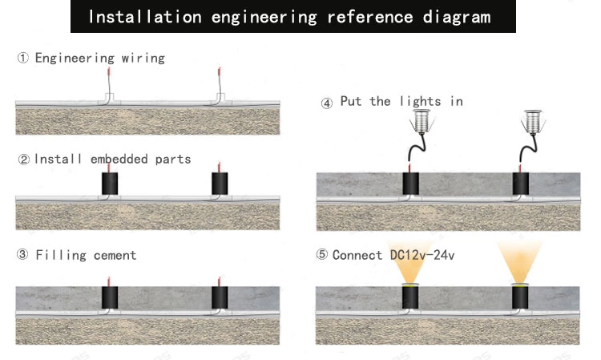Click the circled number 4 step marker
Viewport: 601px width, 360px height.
tap(326, 103)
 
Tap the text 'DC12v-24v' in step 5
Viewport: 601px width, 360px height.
tap(422, 255)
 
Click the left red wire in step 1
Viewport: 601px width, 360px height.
tap(108, 81)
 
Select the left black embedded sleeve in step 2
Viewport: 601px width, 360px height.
tap(109, 185)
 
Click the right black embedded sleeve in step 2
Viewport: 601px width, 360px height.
tap(219, 185)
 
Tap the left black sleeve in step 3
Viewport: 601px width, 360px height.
tap(109, 300)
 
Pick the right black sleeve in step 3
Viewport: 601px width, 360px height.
tap(219, 300)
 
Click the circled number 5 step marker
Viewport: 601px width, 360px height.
tap(322, 255)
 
